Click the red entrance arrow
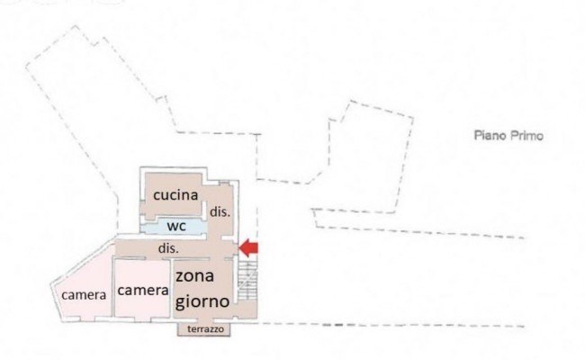(x=248, y=248)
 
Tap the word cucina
(x=175, y=195)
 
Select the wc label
(x=176, y=226)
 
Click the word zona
(x=194, y=276)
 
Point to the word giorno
(x=202, y=301)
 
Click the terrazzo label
(x=205, y=329)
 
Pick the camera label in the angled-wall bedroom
(x=84, y=295)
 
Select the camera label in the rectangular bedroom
(x=143, y=290)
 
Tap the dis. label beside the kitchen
(x=220, y=211)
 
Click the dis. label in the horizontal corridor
(x=168, y=248)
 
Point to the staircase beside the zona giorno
(x=247, y=281)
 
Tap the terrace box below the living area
(x=203, y=329)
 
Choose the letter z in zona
(x=180, y=277)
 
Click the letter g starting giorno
(x=181, y=303)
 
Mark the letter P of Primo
(x=514, y=135)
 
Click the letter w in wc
(x=173, y=227)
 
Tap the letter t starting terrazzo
(x=189, y=329)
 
